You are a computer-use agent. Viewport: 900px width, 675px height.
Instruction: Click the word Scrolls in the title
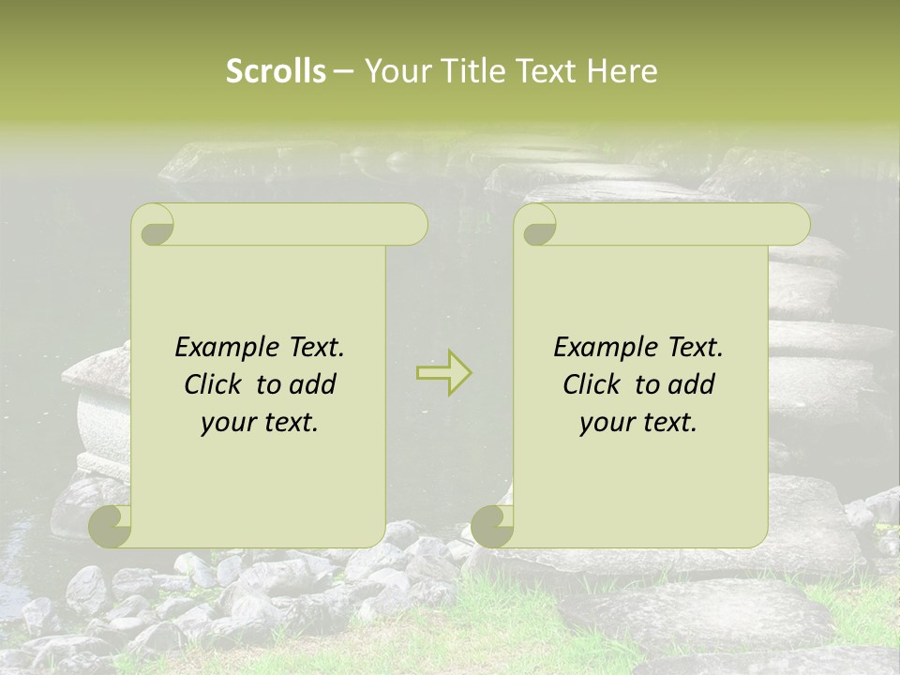[276, 71]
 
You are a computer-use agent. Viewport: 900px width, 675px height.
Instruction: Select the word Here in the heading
[622, 71]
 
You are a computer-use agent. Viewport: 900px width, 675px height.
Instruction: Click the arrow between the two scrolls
[443, 372]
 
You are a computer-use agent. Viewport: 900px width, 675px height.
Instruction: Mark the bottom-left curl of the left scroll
[111, 526]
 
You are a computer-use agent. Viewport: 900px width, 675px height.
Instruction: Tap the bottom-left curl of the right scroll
[493, 526]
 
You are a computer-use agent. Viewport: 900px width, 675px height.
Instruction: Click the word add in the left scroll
[313, 384]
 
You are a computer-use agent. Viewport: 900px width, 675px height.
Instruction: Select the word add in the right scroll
[692, 384]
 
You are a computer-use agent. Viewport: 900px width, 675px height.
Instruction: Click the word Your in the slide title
[395, 71]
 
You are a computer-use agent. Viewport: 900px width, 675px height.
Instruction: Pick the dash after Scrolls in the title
[343, 72]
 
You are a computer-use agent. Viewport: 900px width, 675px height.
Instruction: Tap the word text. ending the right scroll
[667, 422]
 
